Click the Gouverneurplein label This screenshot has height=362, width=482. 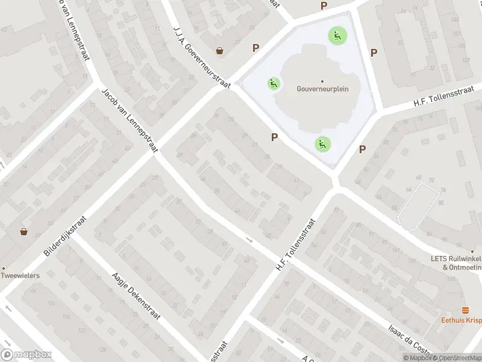322,89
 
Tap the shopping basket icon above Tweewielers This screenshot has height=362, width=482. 23,231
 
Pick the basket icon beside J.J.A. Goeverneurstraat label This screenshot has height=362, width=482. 220,51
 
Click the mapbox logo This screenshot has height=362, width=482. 26,354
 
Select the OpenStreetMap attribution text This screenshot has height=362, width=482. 455,358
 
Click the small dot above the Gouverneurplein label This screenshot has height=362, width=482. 322,81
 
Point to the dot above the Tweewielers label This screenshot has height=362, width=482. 3,268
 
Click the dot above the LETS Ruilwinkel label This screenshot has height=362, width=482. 472,250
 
